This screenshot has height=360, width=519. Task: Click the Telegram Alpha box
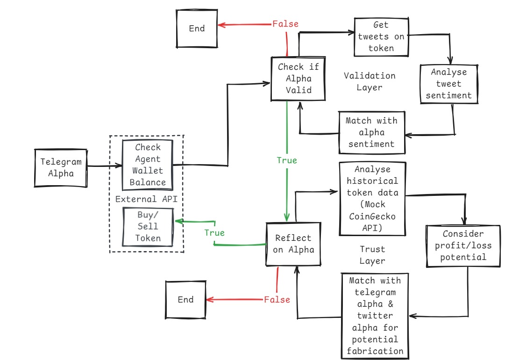(61, 168)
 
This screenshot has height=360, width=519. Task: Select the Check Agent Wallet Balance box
(147, 165)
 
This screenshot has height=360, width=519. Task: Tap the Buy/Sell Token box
(147, 226)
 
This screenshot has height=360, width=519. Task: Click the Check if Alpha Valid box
(298, 78)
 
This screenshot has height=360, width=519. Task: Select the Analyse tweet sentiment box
(449, 84)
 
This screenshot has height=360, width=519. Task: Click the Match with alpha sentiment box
(371, 132)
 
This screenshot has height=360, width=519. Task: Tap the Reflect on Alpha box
(292, 244)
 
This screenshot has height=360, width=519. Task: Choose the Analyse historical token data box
(372, 198)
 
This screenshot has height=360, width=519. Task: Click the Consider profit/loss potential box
(464, 245)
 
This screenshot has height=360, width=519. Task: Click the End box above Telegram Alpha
(197, 29)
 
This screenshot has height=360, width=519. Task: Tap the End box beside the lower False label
(185, 300)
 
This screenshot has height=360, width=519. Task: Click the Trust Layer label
(372, 255)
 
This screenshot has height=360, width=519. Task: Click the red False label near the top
(285, 23)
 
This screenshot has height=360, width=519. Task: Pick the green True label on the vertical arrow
(286, 160)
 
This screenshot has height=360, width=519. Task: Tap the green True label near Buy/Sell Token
(214, 233)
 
